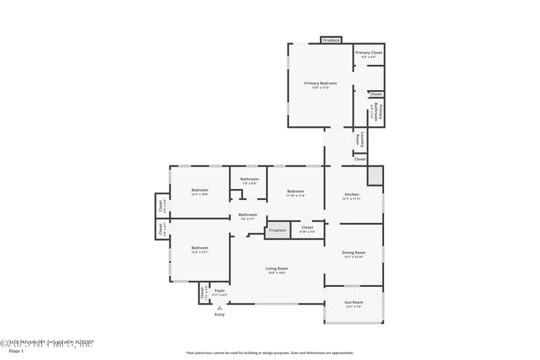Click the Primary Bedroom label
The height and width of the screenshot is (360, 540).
(320, 84)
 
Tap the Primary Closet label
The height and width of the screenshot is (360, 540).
(369, 53)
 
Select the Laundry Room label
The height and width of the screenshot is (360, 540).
(360, 140)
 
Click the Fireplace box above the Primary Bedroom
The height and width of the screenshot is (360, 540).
(331, 40)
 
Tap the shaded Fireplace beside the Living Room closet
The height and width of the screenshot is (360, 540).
(277, 230)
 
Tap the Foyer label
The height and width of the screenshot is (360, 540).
(219, 291)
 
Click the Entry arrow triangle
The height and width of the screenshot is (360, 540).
(219, 307)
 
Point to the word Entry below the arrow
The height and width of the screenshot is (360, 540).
(219, 315)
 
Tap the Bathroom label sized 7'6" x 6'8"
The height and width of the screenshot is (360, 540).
(249, 180)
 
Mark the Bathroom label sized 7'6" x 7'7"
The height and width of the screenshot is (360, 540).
(247, 215)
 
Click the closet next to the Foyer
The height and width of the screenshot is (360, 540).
(202, 293)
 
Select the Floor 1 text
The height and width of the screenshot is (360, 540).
(16, 352)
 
